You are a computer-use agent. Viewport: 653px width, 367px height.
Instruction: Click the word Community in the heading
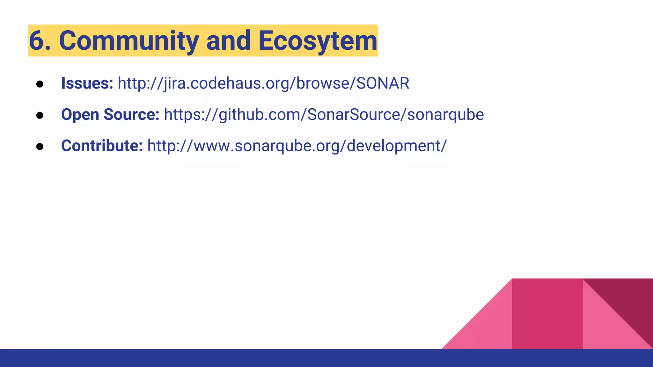click(x=129, y=41)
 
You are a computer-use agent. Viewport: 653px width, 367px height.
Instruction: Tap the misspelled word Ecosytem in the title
click(x=318, y=41)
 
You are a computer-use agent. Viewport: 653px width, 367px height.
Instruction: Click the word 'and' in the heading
click(x=228, y=41)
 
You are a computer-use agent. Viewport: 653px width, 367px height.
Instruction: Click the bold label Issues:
click(x=87, y=83)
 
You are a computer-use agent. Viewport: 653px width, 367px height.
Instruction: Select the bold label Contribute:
click(x=102, y=146)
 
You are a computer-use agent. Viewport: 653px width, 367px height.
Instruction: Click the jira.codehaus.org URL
click(x=263, y=83)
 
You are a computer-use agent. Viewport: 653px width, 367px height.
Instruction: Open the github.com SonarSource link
click(x=324, y=115)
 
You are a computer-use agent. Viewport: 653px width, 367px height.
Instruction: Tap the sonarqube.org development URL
click(x=297, y=146)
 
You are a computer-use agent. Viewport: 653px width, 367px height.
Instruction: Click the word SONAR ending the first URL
click(x=383, y=83)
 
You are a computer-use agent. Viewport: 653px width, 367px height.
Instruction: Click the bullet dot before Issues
click(x=40, y=84)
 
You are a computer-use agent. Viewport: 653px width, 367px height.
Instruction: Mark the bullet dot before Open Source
click(x=40, y=115)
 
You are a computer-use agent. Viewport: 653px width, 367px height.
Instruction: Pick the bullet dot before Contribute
click(x=40, y=147)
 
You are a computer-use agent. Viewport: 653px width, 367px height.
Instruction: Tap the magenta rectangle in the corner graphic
click(x=547, y=314)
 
